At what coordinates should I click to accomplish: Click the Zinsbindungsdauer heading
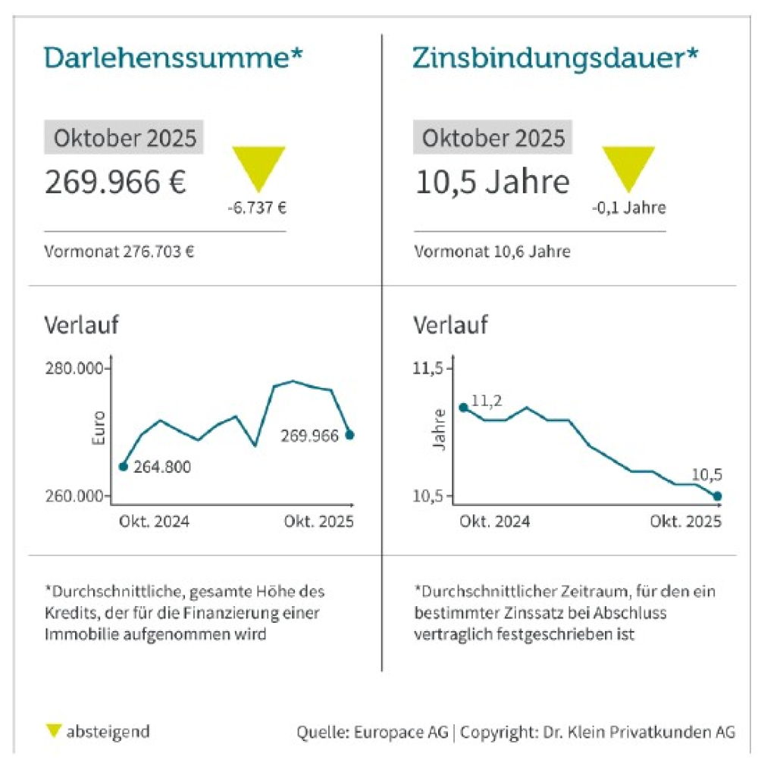coord(555,58)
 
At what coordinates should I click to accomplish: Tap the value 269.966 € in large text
coord(115,183)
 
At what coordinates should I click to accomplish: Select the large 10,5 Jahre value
coord(492,183)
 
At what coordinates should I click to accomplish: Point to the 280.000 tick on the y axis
coord(74,369)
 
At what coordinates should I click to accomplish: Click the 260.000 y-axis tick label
coord(74,496)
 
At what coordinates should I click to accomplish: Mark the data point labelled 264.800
coord(124,466)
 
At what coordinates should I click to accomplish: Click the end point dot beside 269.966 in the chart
coord(349,434)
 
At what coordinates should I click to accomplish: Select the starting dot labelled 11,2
coord(463,408)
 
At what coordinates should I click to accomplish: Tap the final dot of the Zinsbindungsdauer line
coord(718,496)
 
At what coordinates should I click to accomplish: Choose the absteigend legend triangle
coord(53,731)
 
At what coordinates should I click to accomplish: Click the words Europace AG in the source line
coord(405,733)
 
